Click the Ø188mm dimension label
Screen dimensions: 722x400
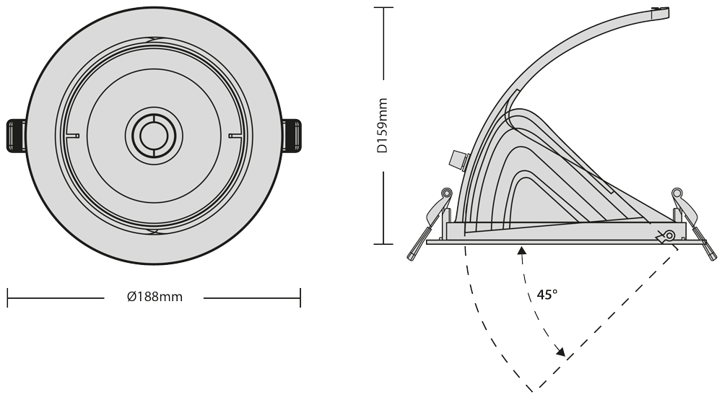click(x=155, y=297)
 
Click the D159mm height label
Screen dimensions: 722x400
click(x=383, y=125)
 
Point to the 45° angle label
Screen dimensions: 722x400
click(x=547, y=295)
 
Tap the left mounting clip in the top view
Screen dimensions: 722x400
click(x=17, y=135)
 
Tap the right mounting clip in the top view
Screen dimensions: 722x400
click(x=292, y=135)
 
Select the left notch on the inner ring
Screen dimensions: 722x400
click(x=73, y=136)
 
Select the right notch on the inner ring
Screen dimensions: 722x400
click(x=235, y=136)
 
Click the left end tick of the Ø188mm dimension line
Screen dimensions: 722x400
click(x=8, y=297)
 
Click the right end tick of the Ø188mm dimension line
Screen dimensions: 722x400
click(x=300, y=297)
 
